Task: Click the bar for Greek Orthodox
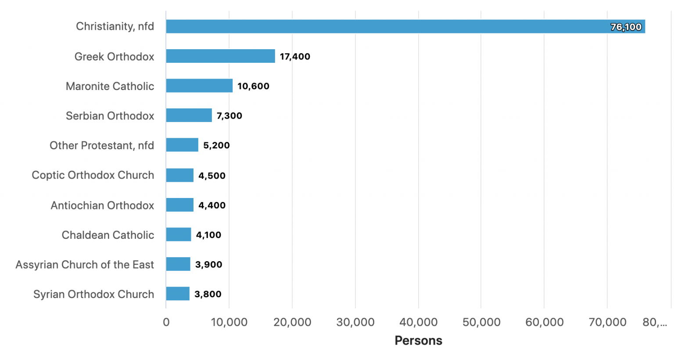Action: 220,56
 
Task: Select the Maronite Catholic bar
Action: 199,86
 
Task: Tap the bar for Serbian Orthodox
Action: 189,115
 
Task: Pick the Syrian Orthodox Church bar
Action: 178,294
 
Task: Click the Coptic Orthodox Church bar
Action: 179,175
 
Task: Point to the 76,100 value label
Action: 626,27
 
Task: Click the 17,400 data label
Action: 295,57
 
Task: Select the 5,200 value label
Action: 216,145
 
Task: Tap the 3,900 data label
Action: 208,265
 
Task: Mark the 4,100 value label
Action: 208,235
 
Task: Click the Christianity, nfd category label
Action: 115,26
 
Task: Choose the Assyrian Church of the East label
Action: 85,265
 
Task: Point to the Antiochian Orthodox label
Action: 102,205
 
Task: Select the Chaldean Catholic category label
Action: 108,235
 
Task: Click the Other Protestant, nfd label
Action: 102,145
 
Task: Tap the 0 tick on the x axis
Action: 166,322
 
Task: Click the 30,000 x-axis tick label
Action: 355,322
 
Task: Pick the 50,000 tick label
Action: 481,322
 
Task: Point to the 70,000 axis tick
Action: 607,322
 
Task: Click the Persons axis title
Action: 418,341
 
